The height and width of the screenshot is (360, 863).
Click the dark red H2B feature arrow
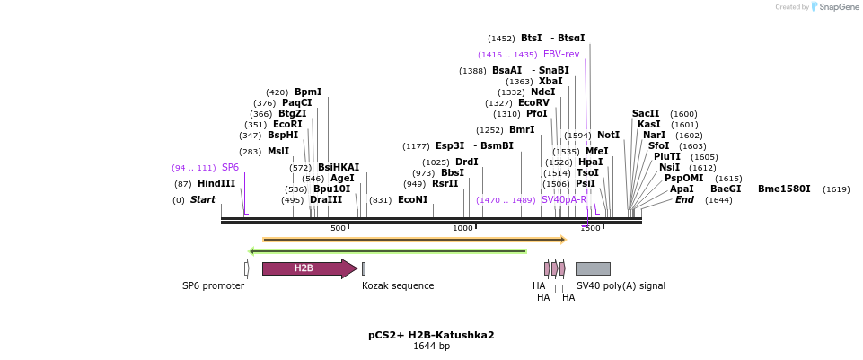point(310,268)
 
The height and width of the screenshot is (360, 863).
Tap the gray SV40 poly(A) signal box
point(593,268)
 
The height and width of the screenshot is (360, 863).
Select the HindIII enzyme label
point(216,183)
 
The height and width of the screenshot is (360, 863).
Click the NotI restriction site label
point(608,135)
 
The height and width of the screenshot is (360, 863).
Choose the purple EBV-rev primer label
point(561,54)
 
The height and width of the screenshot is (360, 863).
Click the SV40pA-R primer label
point(564,199)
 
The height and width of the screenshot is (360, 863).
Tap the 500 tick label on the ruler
point(338,228)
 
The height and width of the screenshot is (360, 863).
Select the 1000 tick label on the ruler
point(462,228)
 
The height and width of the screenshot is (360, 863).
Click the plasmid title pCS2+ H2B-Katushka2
point(431,335)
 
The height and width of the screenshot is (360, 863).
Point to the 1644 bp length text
point(431,347)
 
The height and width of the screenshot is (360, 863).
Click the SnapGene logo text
point(839,6)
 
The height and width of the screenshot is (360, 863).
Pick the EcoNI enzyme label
point(413,199)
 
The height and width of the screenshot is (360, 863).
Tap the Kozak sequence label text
point(398,285)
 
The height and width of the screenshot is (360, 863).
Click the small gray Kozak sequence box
point(364,268)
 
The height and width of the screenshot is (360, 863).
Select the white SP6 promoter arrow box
point(247,268)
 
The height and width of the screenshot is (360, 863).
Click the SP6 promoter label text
point(213,285)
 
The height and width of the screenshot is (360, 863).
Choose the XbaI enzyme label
point(550,81)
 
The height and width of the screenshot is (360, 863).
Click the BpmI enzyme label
point(308,92)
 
